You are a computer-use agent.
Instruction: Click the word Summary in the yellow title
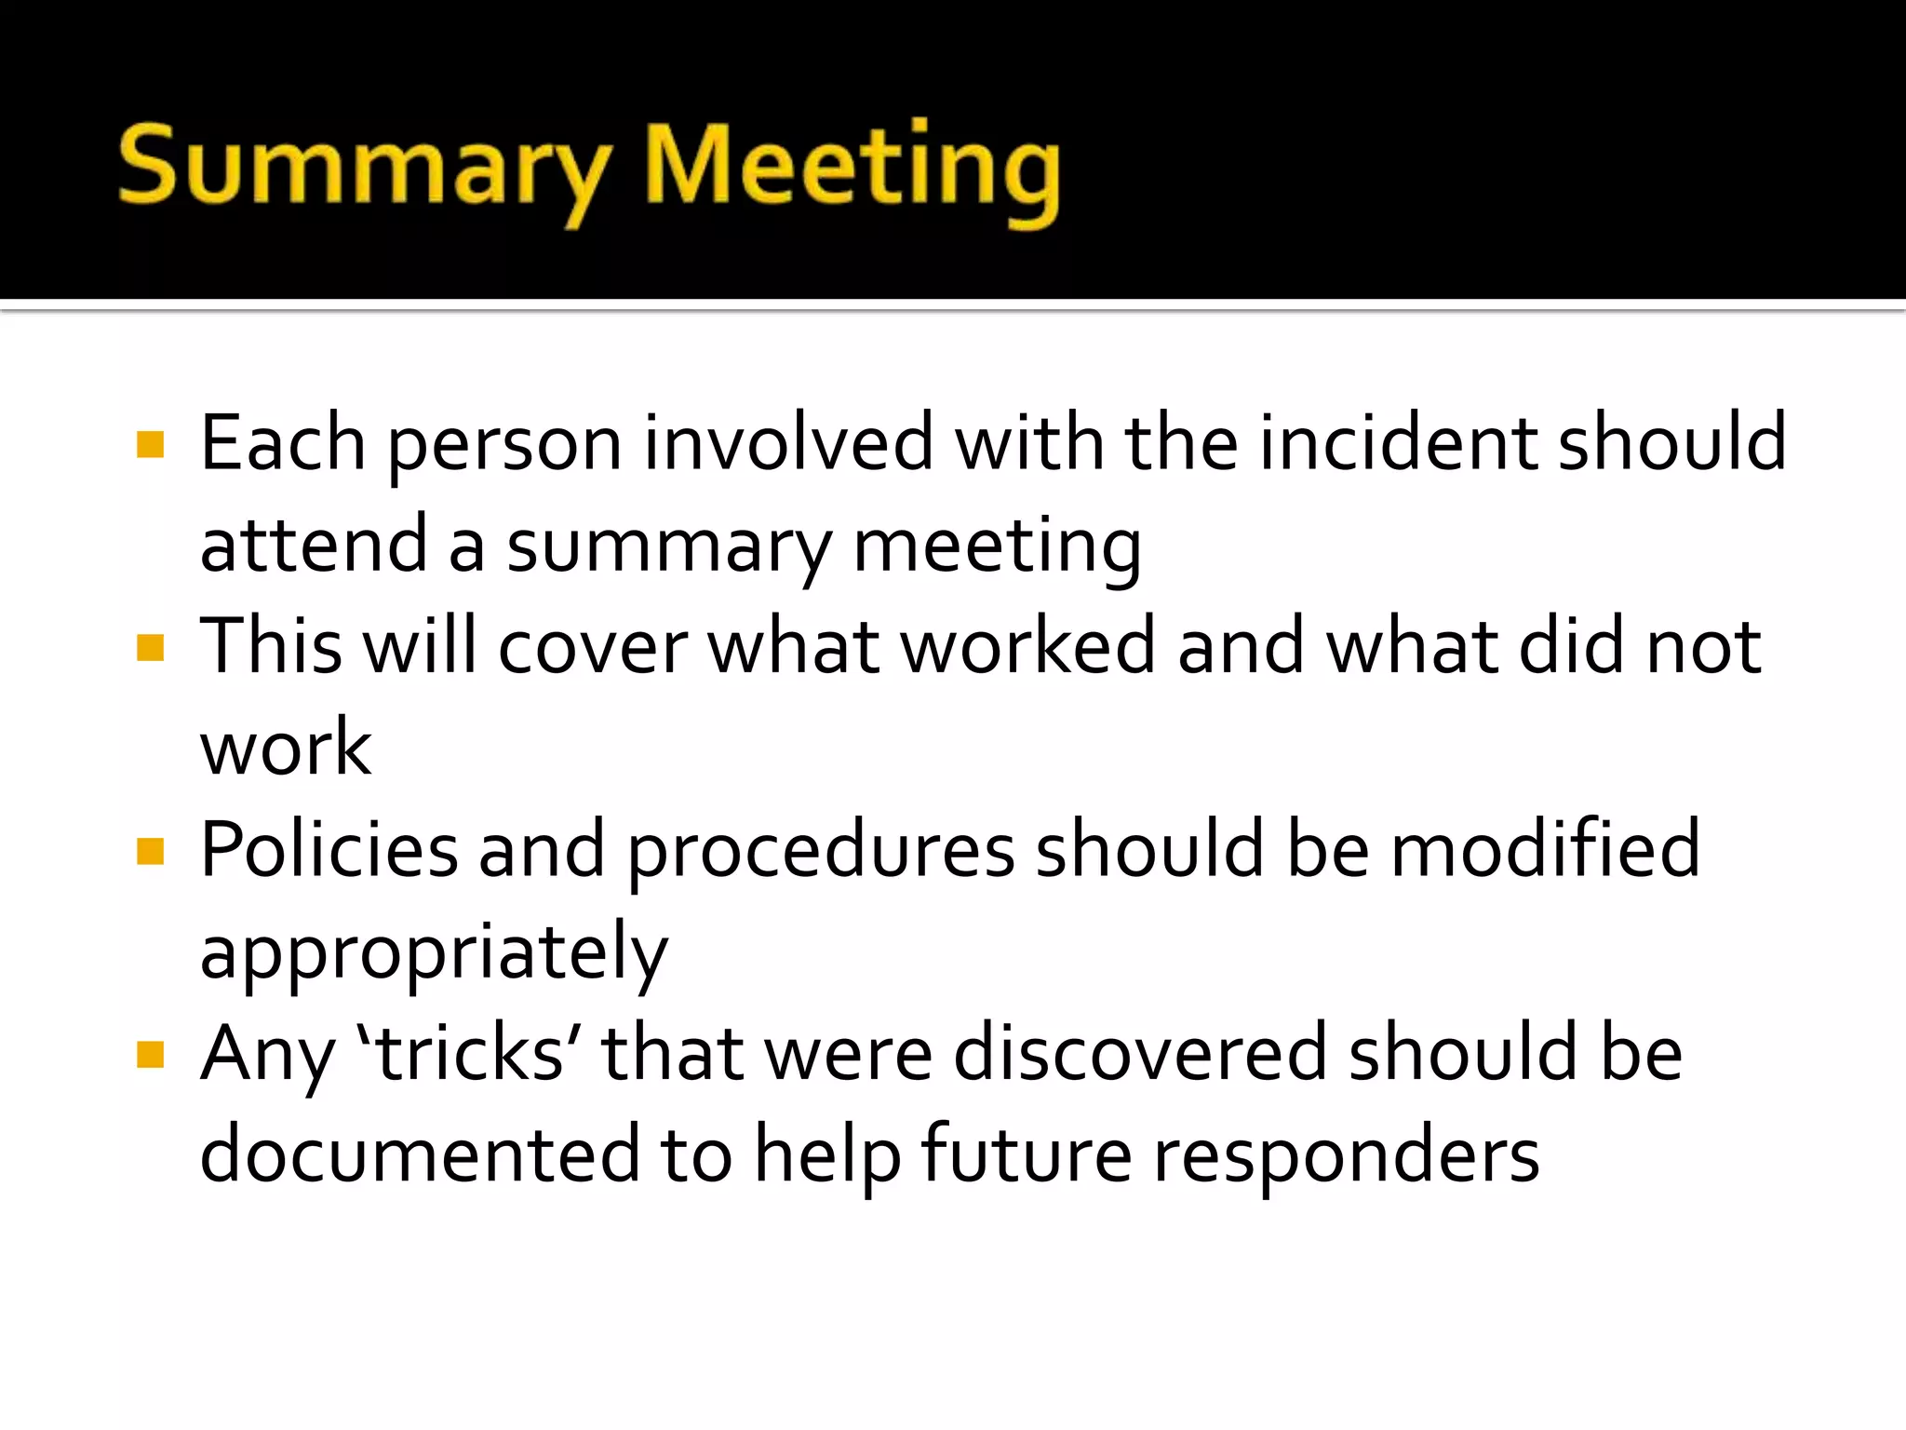pyautogui.click(x=363, y=168)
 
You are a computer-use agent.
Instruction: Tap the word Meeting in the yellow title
pyautogui.click(x=852, y=168)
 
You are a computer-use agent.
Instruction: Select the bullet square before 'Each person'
pyautogui.click(x=150, y=445)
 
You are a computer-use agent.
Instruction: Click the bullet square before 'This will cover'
pyautogui.click(x=150, y=647)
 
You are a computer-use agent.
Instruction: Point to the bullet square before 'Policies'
pyautogui.click(x=150, y=851)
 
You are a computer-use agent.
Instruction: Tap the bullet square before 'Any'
pyautogui.click(x=150, y=1055)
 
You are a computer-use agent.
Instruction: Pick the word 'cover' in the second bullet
pyautogui.click(x=593, y=648)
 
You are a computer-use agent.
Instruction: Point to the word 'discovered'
pyautogui.click(x=1140, y=1054)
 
